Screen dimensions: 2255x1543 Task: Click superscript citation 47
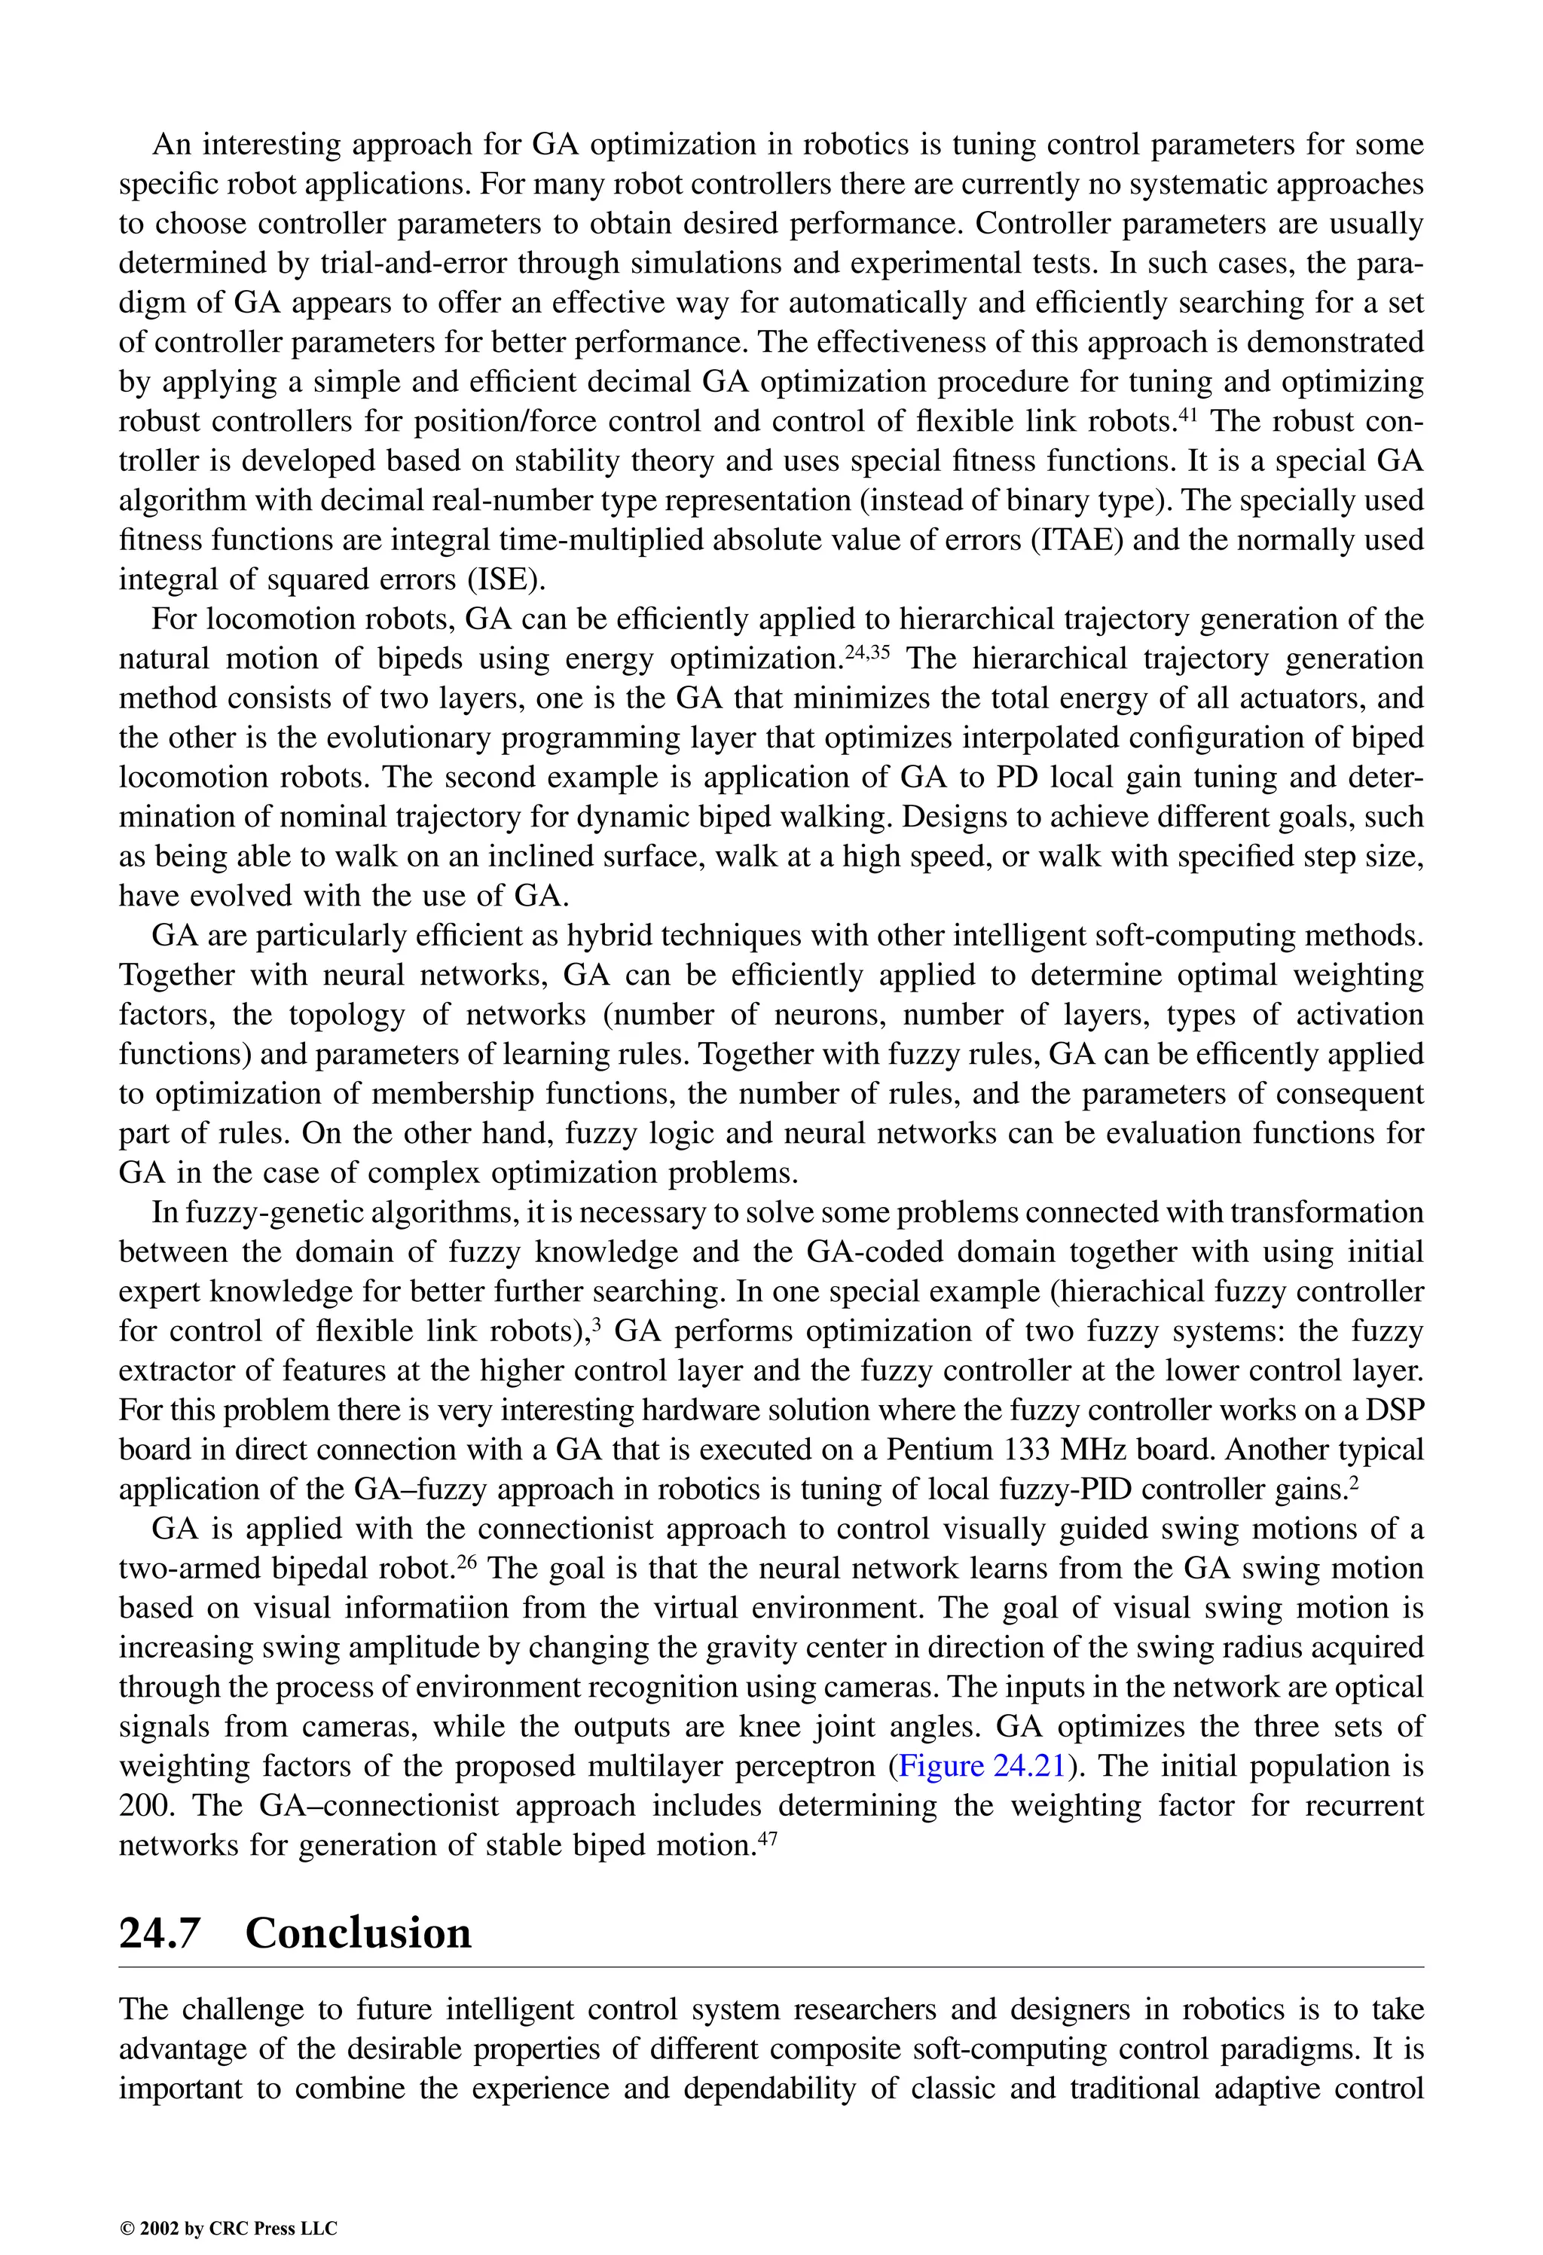tap(767, 1838)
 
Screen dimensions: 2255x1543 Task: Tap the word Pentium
tap(944, 1449)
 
